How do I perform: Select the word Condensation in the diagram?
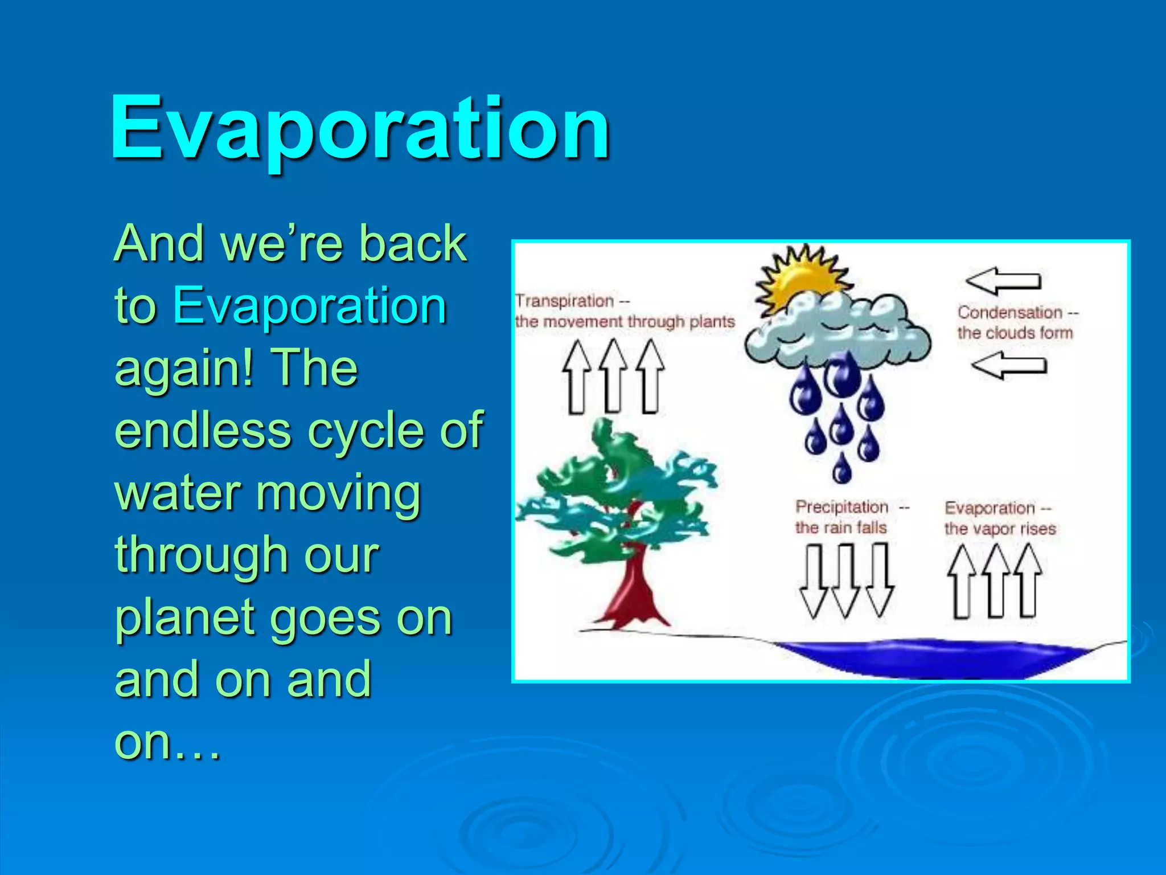tap(1009, 312)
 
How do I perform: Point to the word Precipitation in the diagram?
tap(841, 506)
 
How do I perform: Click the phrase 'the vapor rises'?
tap(1000, 529)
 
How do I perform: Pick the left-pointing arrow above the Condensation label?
tap(1003, 281)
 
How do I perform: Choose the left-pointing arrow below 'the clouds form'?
tap(1009, 365)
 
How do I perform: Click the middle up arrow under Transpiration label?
tap(613, 376)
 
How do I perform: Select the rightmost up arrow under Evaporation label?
tap(1028, 581)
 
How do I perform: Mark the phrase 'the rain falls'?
tap(840, 528)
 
